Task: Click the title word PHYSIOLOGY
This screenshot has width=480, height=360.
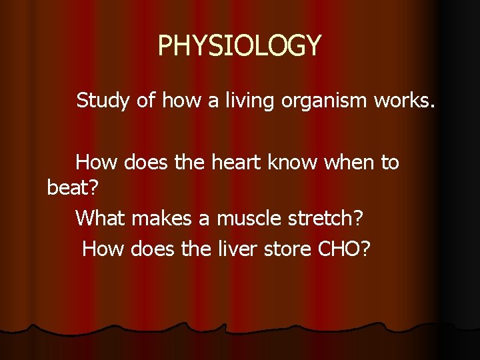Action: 239,45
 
